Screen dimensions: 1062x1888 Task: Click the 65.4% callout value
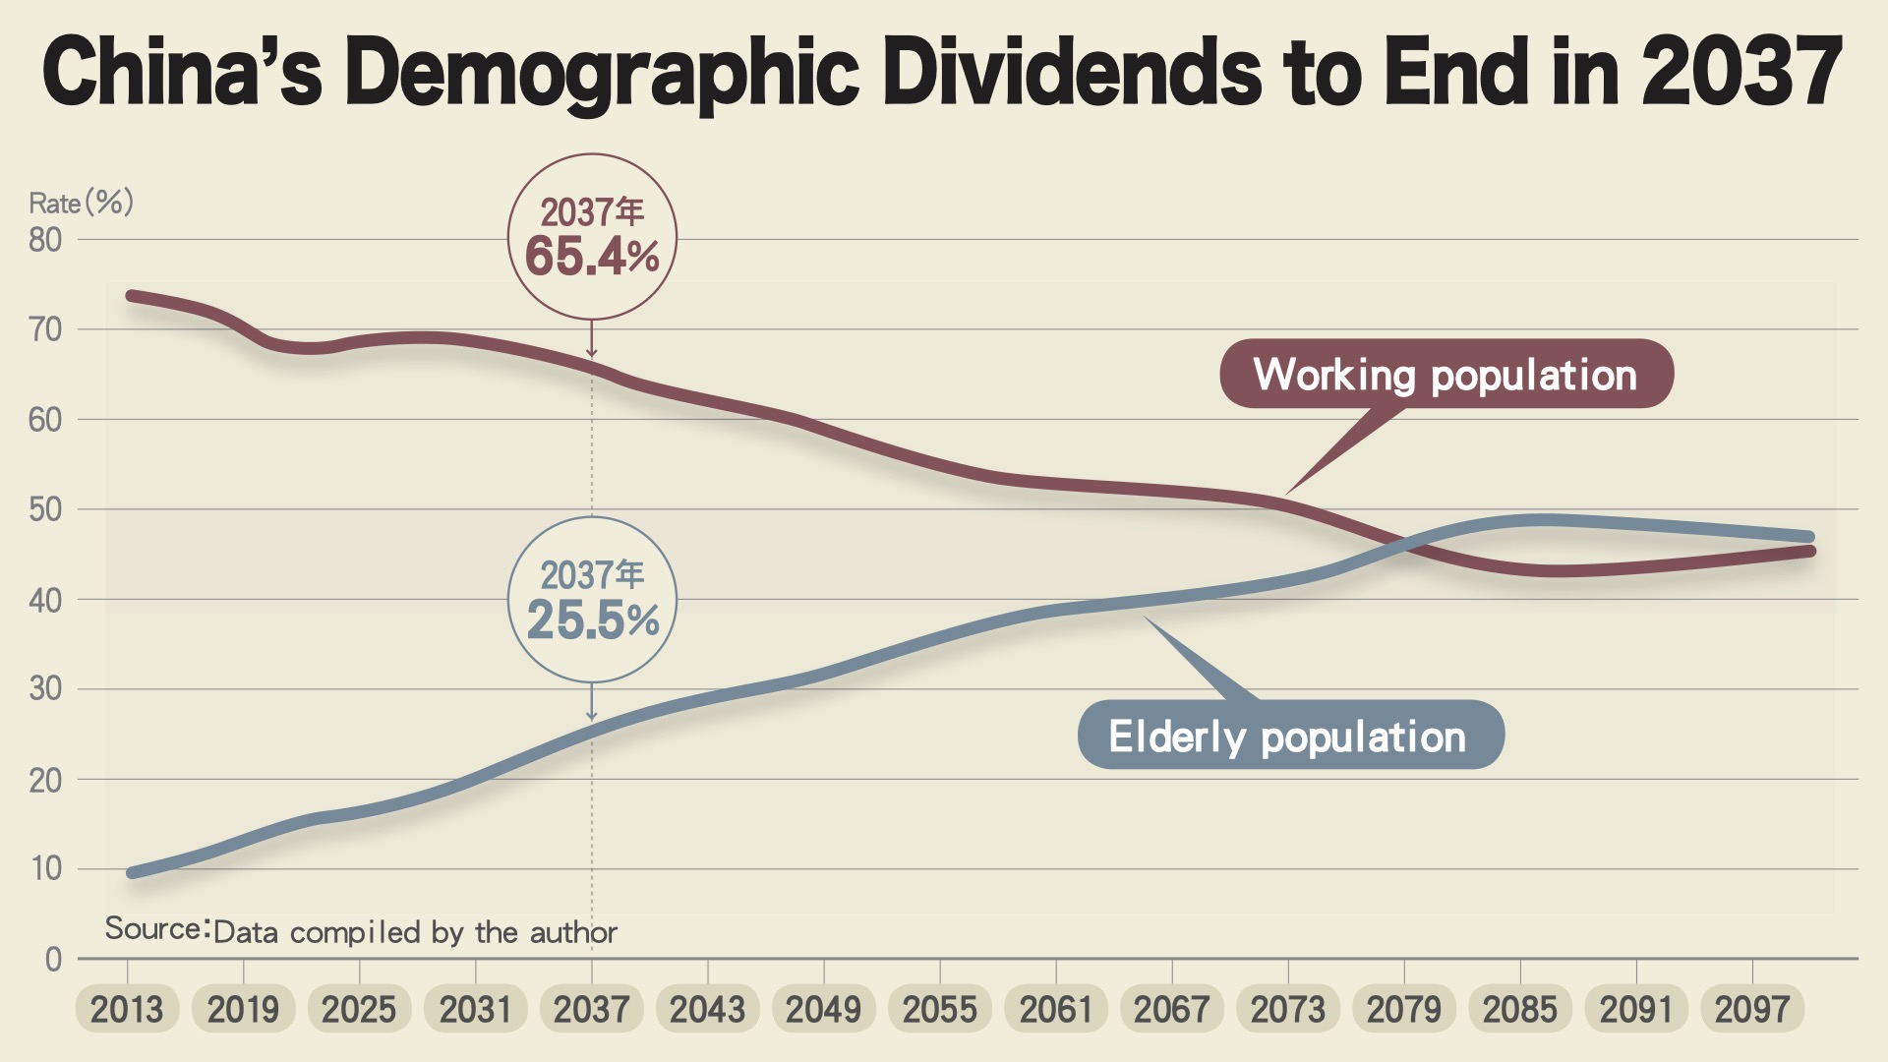coord(592,257)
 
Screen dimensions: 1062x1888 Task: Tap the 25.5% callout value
coord(592,620)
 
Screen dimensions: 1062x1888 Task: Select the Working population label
coord(1445,375)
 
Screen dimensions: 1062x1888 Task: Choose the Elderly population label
coord(1288,737)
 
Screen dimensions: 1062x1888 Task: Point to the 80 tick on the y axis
coord(45,240)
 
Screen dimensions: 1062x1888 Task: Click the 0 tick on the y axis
coord(53,960)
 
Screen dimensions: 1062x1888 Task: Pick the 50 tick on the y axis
coord(45,510)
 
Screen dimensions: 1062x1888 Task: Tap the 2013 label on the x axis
coord(127,1010)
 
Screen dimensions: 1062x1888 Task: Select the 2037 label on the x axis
coord(591,1010)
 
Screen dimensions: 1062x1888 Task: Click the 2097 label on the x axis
coord(1752,1010)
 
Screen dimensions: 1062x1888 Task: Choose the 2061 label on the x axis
coord(1056,1010)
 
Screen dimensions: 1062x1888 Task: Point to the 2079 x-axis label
coord(1404,1010)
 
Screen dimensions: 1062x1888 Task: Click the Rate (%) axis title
coord(81,203)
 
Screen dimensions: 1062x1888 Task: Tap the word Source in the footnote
coord(156,929)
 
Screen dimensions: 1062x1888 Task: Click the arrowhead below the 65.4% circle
coord(592,352)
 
